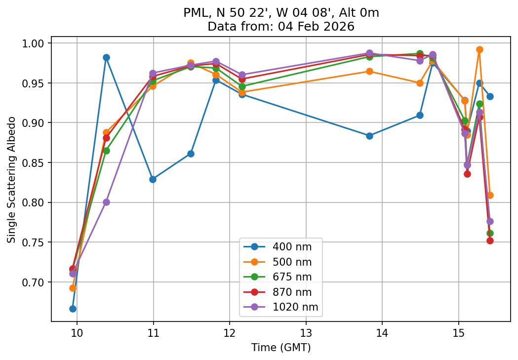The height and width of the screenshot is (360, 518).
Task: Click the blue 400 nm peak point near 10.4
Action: [x=106, y=57]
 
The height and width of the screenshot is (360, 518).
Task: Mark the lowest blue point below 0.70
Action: [x=73, y=309]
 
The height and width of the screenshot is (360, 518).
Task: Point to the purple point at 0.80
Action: [x=106, y=202]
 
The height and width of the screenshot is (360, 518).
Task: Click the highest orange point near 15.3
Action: [x=479, y=49]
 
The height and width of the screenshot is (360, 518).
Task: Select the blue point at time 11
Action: [x=153, y=179]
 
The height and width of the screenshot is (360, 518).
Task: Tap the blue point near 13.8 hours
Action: [x=369, y=136]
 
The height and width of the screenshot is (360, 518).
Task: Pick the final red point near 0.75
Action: [x=490, y=240]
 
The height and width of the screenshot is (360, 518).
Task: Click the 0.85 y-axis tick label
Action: [x=36, y=163]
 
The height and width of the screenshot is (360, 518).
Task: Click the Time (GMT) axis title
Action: [x=281, y=348]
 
